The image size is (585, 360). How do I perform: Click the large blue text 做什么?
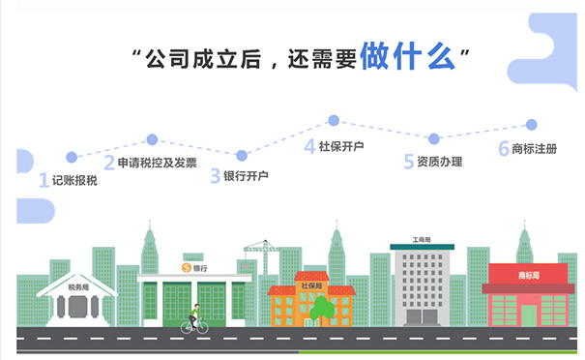pos(406,55)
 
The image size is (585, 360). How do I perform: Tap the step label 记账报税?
pos(74,181)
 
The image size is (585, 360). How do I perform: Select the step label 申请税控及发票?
pos(157,163)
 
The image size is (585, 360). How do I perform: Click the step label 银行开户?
pos(246,176)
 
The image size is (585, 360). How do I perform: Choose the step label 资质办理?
pos(439,162)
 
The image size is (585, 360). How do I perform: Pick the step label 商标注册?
pos(534,149)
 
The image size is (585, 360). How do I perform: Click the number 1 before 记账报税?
pos(43,181)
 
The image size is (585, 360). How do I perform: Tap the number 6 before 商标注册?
pos(503,149)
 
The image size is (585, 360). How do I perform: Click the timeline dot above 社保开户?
pos(334,121)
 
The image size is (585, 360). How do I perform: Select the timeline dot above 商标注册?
pos(531,125)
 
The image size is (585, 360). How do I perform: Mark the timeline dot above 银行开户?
pos(242,155)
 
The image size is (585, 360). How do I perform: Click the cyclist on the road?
pos(194,319)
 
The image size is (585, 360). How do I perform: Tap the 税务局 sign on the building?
pos(76,287)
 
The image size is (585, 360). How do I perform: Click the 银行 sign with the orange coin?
pos(194,267)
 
